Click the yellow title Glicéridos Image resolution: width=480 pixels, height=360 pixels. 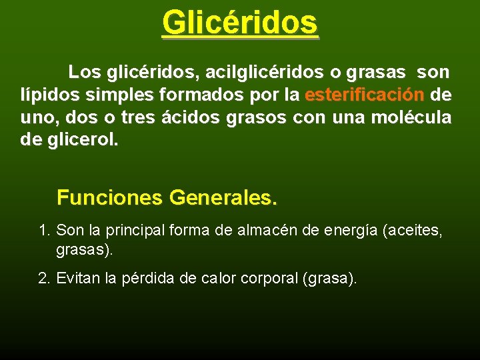coord(240,22)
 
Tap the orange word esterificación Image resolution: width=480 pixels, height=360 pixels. coord(364,95)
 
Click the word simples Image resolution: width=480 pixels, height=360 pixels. coord(106,95)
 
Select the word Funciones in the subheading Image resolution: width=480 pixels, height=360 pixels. coord(109,198)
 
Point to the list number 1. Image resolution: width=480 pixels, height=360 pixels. coord(45,231)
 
